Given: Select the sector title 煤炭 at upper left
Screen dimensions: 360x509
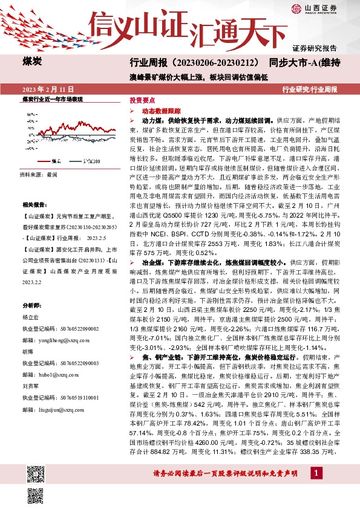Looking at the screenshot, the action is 32,61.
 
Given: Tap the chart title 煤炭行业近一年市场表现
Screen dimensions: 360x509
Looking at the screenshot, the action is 52,98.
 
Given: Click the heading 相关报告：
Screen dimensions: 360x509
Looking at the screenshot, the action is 33,205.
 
